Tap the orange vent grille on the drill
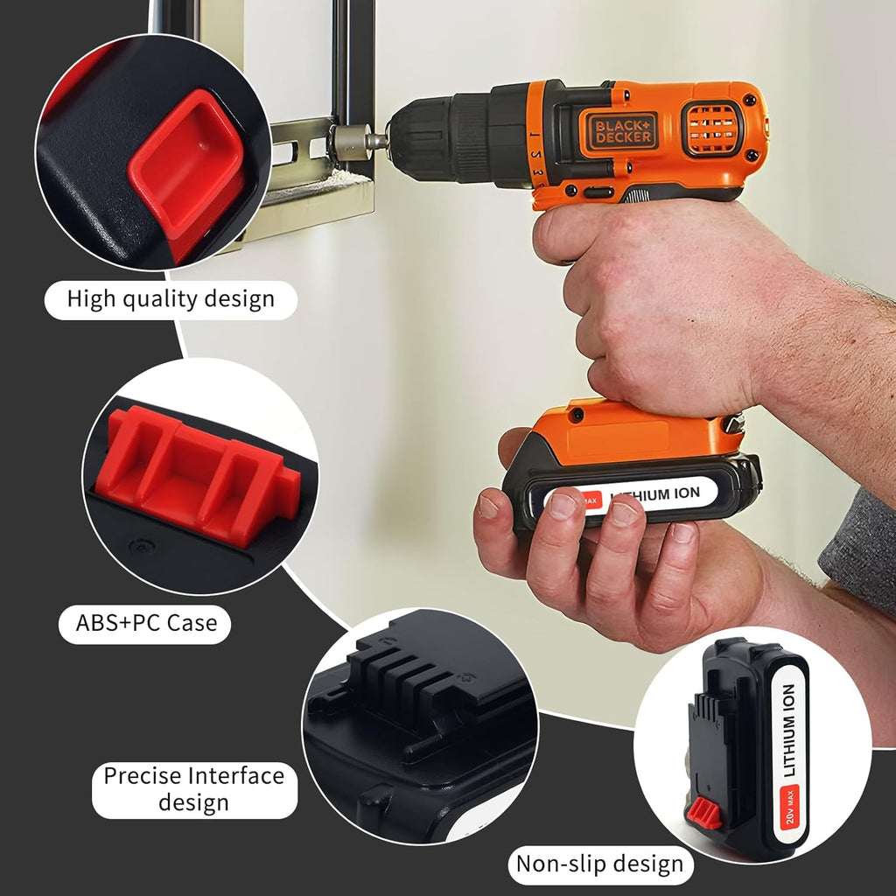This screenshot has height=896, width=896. click(x=712, y=129)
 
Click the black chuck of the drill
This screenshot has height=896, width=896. click(x=457, y=139)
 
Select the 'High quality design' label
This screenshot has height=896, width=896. click(x=171, y=299)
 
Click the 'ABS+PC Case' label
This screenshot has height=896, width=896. click(x=146, y=623)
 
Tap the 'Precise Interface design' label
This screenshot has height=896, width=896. click(x=194, y=789)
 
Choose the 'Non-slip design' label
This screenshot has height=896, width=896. click(x=600, y=864)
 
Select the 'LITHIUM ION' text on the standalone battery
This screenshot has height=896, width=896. click(x=789, y=731)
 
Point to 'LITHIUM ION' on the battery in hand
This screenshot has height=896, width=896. click(x=655, y=495)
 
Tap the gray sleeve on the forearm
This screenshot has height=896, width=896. click(x=859, y=549)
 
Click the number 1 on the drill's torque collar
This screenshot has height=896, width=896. click(x=533, y=135)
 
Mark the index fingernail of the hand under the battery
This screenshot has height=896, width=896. click(x=563, y=505)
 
